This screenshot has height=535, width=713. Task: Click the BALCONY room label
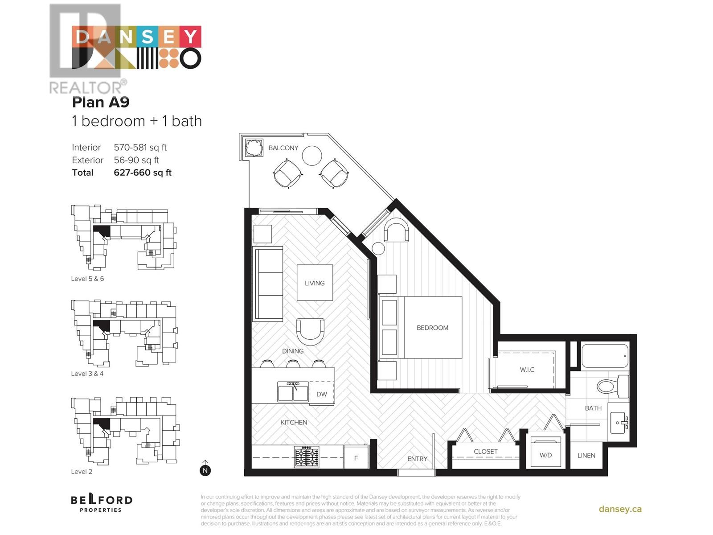coord(283,148)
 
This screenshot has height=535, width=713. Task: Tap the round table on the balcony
coord(311,156)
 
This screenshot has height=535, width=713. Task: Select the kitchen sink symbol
coord(293,392)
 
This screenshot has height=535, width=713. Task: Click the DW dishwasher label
coord(321,394)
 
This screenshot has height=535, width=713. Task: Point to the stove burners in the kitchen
coord(307,457)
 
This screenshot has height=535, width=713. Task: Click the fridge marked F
coord(356,458)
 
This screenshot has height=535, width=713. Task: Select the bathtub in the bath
coord(605,355)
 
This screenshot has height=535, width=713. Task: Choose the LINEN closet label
coord(586,455)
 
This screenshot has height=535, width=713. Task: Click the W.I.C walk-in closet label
coord(527,370)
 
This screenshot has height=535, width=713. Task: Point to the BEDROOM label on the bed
coord(432,328)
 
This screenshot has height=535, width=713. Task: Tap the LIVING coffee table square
coord(315,283)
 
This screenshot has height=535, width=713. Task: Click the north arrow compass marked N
coord(205,470)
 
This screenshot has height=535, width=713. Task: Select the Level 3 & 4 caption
coord(87,374)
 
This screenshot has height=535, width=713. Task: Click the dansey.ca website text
coord(620,509)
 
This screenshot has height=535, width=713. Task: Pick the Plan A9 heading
coord(101,102)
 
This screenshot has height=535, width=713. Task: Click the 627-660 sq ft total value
coord(143,173)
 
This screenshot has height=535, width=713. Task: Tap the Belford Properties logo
coord(102,502)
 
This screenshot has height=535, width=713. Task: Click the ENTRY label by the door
coord(417,459)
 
